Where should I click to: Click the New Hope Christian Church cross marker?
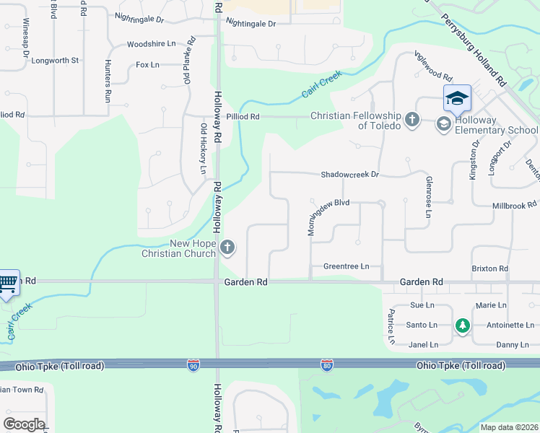click(x=227, y=248)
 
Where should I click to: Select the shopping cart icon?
click(x=8, y=283)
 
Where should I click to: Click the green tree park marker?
click(x=462, y=326)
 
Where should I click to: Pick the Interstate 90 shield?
click(x=193, y=366)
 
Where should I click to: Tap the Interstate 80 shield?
click(x=326, y=366)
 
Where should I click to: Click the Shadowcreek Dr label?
click(x=349, y=175)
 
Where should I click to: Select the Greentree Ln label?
click(x=346, y=266)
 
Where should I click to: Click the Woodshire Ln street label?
click(x=151, y=44)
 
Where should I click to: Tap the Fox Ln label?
click(x=147, y=65)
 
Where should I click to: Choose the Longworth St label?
click(x=55, y=61)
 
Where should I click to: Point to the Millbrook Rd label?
click(x=514, y=206)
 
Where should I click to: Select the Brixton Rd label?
click(x=489, y=268)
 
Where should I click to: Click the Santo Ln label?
click(x=423, y=325)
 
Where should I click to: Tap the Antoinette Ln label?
click(x=510, y=325)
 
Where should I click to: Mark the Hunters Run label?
click(x=108, y=79)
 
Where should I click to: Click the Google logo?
click(x=24, y=424)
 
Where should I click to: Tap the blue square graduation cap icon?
click(x=457, y=98)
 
